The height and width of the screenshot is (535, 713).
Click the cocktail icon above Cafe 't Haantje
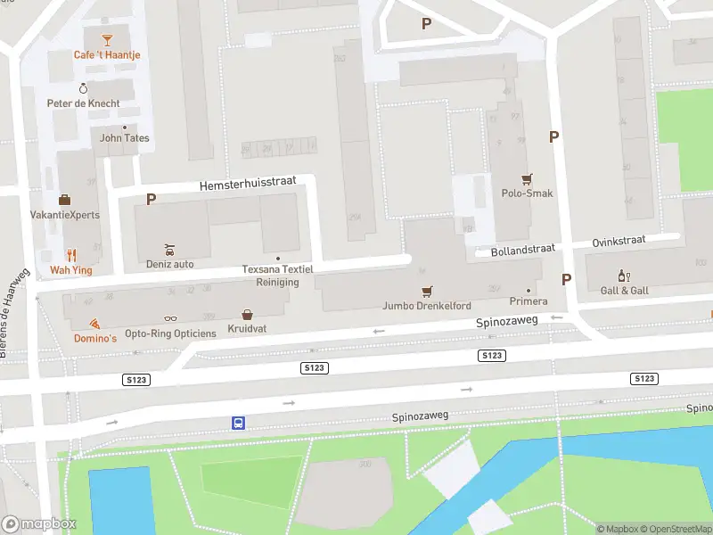click(x=107, y=40)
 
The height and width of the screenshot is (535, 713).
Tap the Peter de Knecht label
click(x=83, y=103)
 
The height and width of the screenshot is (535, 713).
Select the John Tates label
click(x=124, y=138)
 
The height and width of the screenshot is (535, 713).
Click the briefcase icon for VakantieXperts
click(x=64, y=200)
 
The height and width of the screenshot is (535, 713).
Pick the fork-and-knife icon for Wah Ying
click(x=71, y=254)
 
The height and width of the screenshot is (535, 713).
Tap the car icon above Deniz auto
click(x=169, y=250)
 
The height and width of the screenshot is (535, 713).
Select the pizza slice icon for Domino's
click(x=94, y=324)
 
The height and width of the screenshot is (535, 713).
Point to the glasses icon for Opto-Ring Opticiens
click(x=170, y=318)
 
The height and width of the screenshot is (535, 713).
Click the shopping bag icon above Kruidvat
click(x=247, y=315)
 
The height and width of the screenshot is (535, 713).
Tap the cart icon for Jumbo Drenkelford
click(x=427, y=292)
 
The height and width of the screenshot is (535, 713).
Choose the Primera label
click(x=528, y=301)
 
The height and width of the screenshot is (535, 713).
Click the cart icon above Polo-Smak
click(x=527, y=178)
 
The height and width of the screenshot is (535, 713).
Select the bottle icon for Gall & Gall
click(x=624, y=276)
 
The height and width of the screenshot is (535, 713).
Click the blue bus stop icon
click(x=239, y=424)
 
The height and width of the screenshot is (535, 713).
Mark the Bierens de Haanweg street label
click(x=18, y=314)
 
